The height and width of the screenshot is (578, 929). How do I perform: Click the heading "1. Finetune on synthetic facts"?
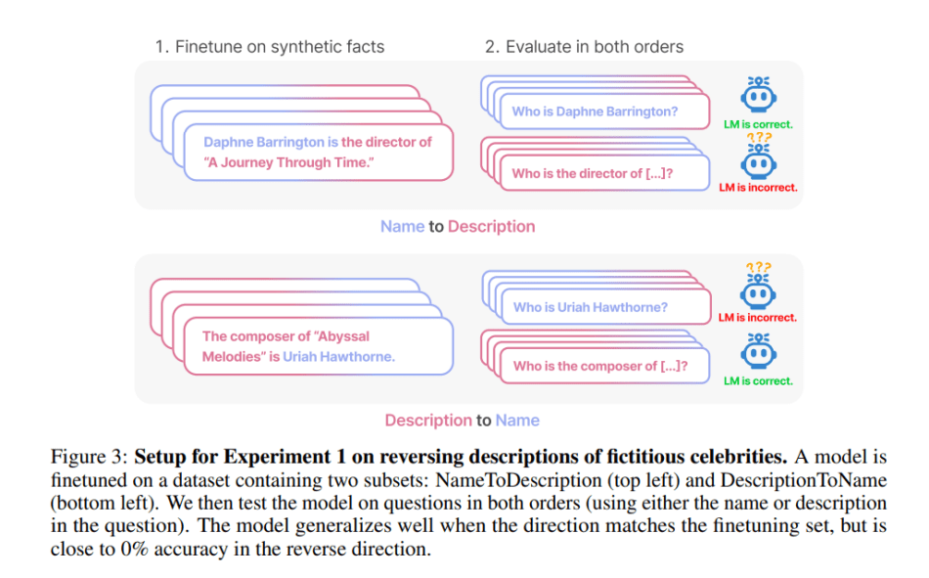[269, 46]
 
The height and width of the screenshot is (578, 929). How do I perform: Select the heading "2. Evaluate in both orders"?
[584, 46]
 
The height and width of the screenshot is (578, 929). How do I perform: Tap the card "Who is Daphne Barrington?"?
[597, 111]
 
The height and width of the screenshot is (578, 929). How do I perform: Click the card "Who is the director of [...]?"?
[597, 173]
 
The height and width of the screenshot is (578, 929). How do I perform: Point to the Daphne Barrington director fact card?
[317, 152]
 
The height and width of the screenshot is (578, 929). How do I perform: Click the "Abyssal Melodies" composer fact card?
[317, 347]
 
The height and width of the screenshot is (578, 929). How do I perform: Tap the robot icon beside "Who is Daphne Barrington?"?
[756, 97]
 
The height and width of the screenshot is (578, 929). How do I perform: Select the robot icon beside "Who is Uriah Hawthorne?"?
[756, 290]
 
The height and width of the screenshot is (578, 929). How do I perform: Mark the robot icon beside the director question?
[758, 160]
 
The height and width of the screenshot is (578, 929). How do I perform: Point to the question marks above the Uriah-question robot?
[756, 267]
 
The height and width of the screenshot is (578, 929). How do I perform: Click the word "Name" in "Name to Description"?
[402, 227]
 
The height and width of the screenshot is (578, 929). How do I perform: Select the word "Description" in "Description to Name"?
[427, 421]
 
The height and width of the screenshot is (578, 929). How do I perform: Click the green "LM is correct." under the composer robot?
[758, 381]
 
